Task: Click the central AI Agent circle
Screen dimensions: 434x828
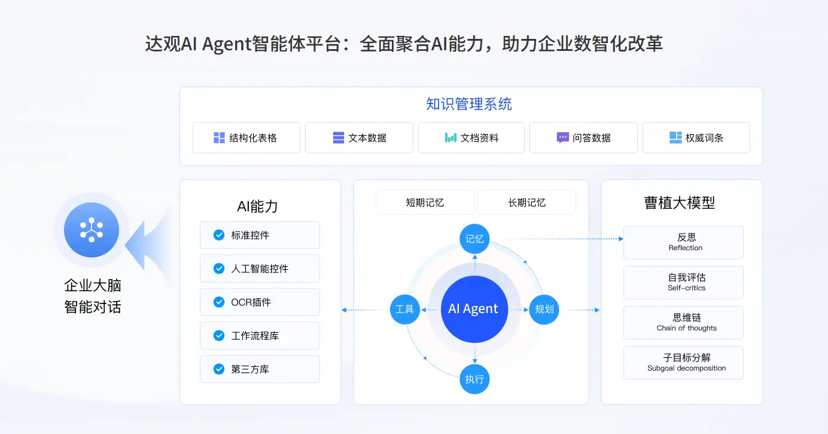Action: [x=473, y=309]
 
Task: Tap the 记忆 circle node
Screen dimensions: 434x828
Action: [x=474, y=239]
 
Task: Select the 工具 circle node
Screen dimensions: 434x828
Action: [x=404, y=309]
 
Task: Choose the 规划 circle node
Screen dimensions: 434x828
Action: [x=544, y=309]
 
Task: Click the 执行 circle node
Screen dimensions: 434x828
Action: [x=474, y=379]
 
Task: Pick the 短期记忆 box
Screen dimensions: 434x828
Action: [x=425, y=202]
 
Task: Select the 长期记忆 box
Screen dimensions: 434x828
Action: [x=526, y=202]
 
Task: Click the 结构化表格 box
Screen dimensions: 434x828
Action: [x=246, y=138]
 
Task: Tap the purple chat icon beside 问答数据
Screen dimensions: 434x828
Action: [x=562, y=138]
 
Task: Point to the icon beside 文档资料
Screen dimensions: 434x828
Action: [x=450, y=138]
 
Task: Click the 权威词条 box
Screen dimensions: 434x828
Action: [x=696, y=138]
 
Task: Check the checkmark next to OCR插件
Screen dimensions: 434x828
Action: [x=219, y=302]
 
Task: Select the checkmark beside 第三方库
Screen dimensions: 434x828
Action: [x=219, y=369]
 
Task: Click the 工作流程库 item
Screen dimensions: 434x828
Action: [x=260, y=336]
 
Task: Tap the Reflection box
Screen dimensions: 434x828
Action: [x=683, y=242]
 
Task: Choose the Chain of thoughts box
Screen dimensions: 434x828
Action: [x=683, y=323]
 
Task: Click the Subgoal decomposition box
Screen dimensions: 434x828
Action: [x=683, y=363]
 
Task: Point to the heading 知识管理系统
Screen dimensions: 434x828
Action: [x=469, y=104]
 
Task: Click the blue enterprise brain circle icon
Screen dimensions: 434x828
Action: [x=92, y=230]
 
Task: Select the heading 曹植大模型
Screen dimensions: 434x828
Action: [x=680, y=203]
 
